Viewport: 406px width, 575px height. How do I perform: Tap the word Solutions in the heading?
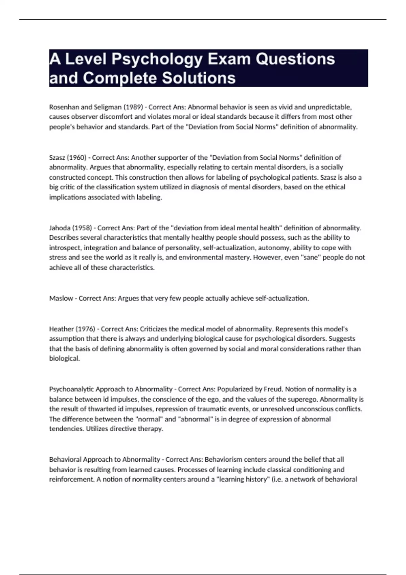point(199,78)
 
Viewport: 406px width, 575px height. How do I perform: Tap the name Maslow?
point(61,298)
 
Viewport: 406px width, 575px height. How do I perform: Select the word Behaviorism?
point(223,460)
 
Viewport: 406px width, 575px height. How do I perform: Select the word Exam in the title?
point(229,59)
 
